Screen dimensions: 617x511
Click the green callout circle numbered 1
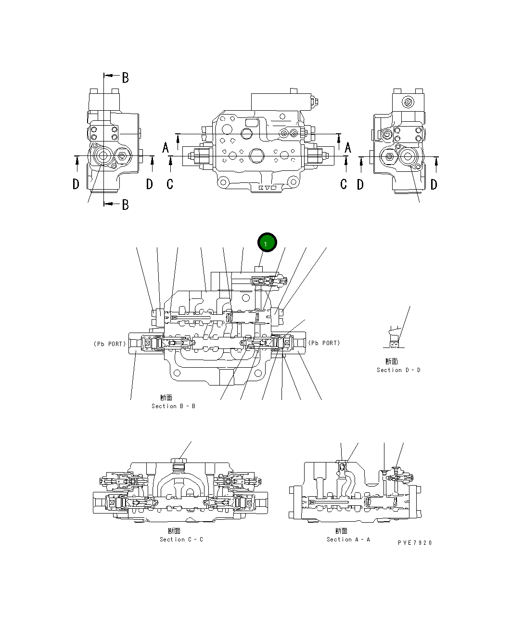pos(267,243)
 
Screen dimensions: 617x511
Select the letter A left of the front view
pos(166,148)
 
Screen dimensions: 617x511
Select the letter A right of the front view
pos(347,148)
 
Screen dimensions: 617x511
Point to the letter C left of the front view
pos(170,184)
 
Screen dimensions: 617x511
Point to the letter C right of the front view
pos(344,184)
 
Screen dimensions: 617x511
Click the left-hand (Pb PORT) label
pos(110,344)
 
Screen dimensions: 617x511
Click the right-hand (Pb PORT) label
pos(324,343)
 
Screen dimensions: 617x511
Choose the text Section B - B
pos(173,406)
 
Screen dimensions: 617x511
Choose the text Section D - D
pos(398,370)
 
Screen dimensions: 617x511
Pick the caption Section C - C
pos(181,540)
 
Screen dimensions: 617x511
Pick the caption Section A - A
pos(348,540)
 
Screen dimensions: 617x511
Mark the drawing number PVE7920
pos(415,543)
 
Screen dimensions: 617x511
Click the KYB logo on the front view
pos(268,188)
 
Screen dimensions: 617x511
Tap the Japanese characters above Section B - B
pos(166,398)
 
